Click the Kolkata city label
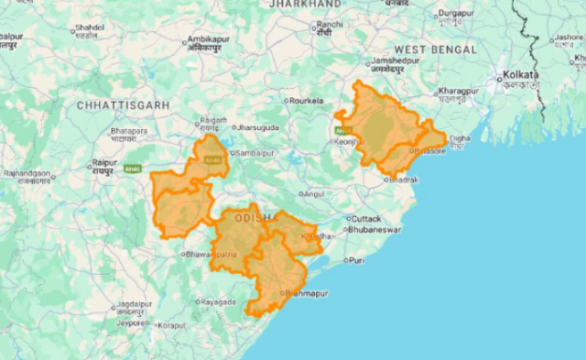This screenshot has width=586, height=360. coord(518,74)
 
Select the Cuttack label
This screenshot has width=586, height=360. coord(364,219)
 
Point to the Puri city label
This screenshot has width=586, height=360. coord(356,261)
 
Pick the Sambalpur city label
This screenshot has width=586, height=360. coord(257,153)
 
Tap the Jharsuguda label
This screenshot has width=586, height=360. coord(256,128)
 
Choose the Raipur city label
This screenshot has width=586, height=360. coord(103,163)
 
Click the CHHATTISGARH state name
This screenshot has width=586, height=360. coord(124,106)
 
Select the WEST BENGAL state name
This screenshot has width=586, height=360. coord(435,49)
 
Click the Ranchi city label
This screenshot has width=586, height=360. coord(329,24)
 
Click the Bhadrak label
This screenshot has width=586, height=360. coord(403,180)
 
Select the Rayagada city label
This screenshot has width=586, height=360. coord(219,301)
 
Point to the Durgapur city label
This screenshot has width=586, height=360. coord(457,13)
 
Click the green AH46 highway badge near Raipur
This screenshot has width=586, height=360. coord(134,169)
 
